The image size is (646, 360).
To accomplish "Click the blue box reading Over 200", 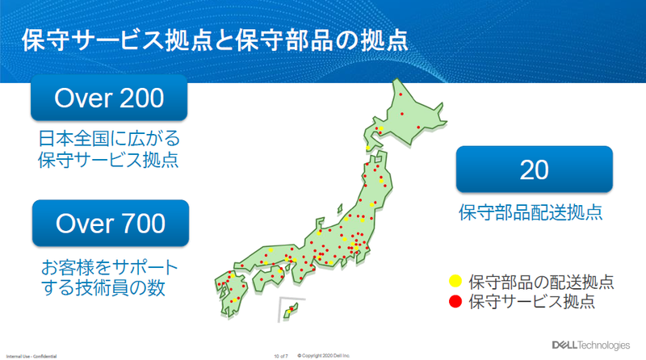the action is tap(108, 98).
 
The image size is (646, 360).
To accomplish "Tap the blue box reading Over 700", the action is tap(110, 223).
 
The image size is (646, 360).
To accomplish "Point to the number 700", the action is tap(139, 223).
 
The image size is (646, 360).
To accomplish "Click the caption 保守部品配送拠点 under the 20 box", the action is tap(534, 214).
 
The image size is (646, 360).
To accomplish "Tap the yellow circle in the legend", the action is tap(455, 283).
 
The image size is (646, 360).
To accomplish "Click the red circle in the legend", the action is tap(455, 302).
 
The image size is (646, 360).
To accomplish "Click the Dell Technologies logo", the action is tap(590, 345).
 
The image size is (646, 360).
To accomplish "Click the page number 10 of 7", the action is tap(282, 354).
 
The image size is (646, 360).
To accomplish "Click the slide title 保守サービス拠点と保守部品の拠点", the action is tap(213, 40).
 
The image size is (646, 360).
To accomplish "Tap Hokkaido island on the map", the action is tap(412, 121).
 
